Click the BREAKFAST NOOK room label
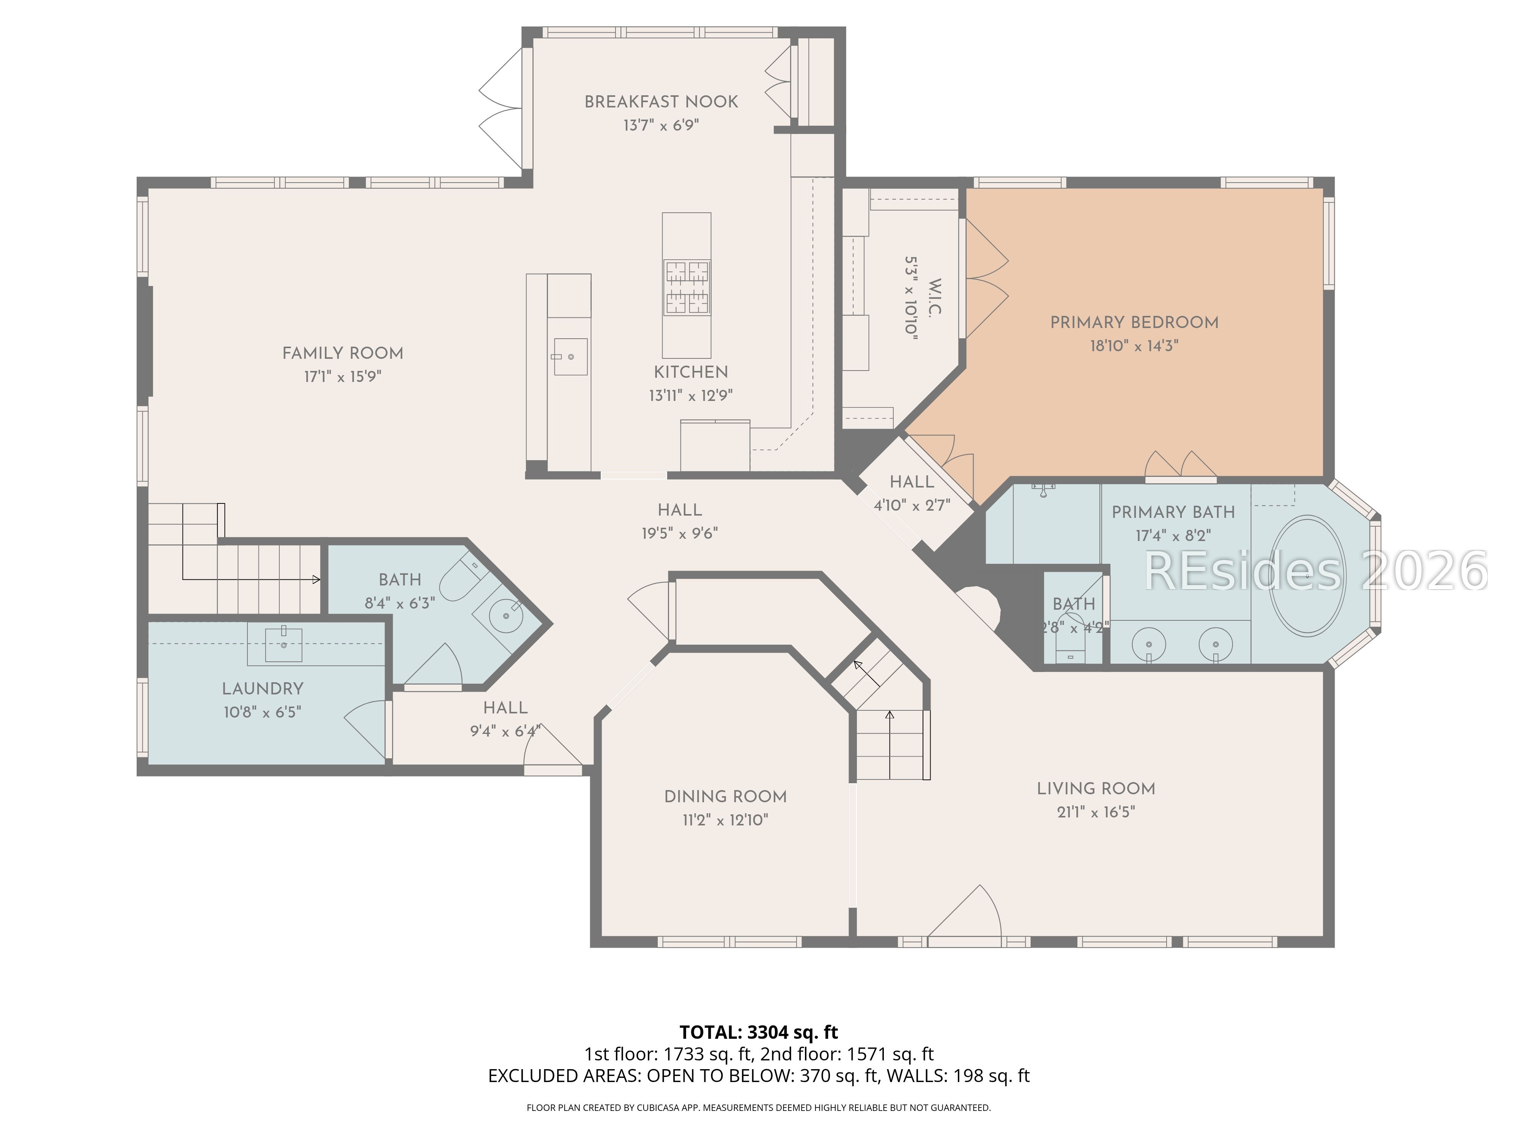(661, 102)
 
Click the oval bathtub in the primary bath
(1307, 575)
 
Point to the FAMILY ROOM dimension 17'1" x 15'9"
(342, 376)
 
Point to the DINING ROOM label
(725, 797)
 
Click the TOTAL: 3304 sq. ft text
(758, 1032)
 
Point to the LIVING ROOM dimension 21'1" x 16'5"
(1096, 811)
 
